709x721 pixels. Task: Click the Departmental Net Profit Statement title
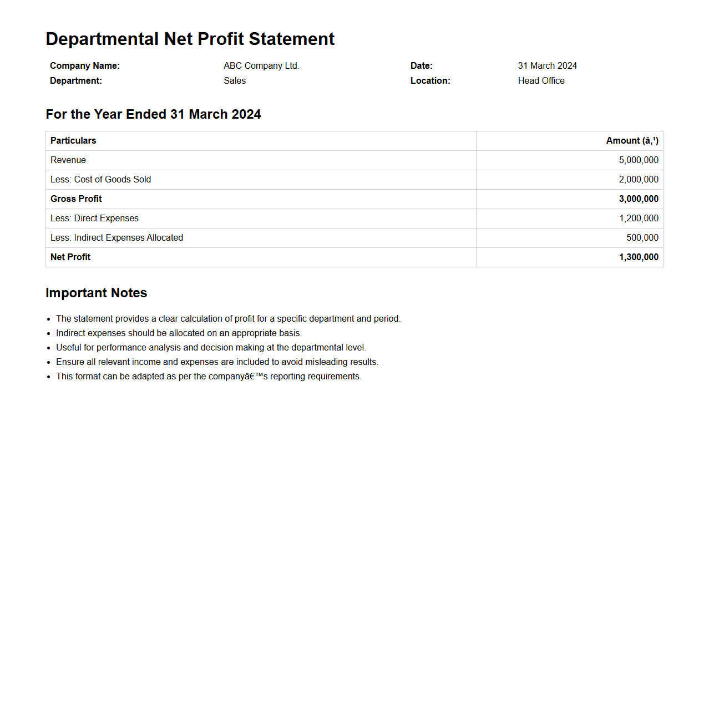click(190, 39)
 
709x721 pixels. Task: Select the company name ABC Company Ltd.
click(261, 65)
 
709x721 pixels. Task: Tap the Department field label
click(76, 80)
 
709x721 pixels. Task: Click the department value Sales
click(235, 80)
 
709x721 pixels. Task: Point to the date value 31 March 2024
click(547, 65)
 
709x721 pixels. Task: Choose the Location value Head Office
click(541, 80)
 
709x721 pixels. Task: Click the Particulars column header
click(73, 141)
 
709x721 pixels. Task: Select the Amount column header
click(632, 141)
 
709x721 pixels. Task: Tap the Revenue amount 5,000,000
click(639, 160)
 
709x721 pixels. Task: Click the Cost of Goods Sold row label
click(100, 180)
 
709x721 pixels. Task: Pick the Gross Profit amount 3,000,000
click(639, 199)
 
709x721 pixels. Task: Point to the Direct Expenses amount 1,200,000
click(639, 219)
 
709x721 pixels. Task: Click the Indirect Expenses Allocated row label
click(117, 238)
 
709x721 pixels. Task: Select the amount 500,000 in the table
click(642, 238)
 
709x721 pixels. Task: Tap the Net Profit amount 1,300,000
click(639, 257)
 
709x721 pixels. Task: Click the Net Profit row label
click(70, 257)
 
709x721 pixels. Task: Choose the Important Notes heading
click(96, 293)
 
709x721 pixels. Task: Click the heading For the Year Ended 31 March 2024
click(153, 114)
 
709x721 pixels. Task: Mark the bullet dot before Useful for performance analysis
click(49, 348)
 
